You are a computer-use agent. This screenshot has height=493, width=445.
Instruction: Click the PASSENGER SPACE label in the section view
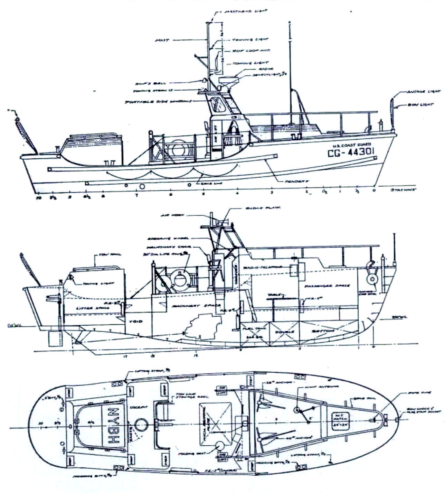(x=327, y=286)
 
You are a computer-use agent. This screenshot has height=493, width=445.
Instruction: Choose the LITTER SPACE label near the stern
(x=86, y=308)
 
